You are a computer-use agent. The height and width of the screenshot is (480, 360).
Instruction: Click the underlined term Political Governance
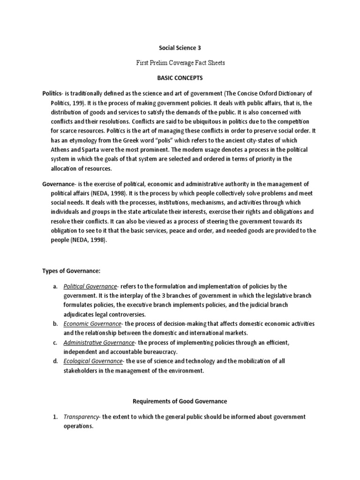tap(90, 286)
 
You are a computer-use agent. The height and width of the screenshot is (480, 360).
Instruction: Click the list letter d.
tap(55, 361)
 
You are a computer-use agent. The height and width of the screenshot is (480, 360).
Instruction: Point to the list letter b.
tap(55, 324)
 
